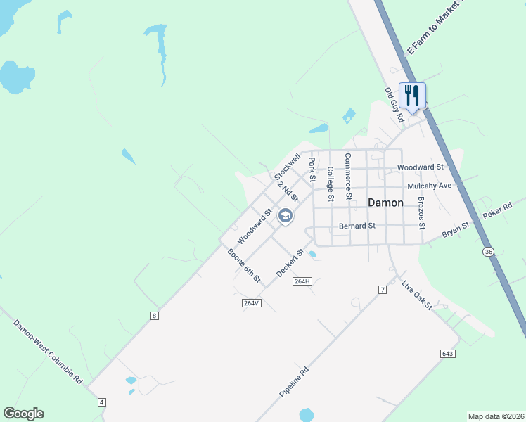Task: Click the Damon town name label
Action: click(x=386, y=203)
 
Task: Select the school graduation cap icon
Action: click(x=286, y=216)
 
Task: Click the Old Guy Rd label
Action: click(x=394, y=105)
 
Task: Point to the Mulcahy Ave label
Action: click(x=429, y=186)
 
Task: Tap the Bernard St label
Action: click(x=357, y=226)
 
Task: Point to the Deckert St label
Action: click(x=290, y=262)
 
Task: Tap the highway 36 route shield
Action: click(x=488, y=251)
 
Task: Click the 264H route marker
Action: click(x=302, y=281)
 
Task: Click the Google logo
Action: click(x=23, y=414)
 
